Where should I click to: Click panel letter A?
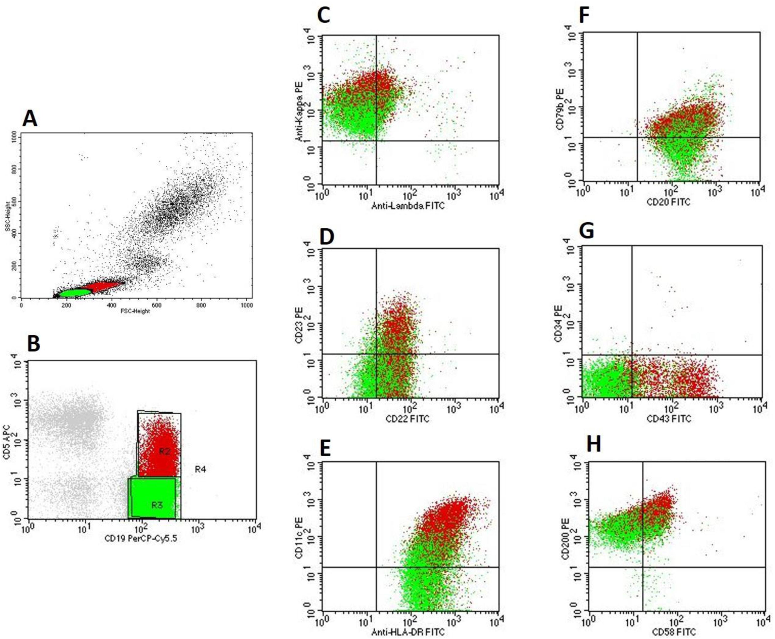(30, 119)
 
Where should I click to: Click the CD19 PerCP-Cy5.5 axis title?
(141, 539)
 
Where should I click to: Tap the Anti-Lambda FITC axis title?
(408, 206)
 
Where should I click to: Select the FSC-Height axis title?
(135, 311)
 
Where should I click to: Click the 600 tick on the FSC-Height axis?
(157, 305)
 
